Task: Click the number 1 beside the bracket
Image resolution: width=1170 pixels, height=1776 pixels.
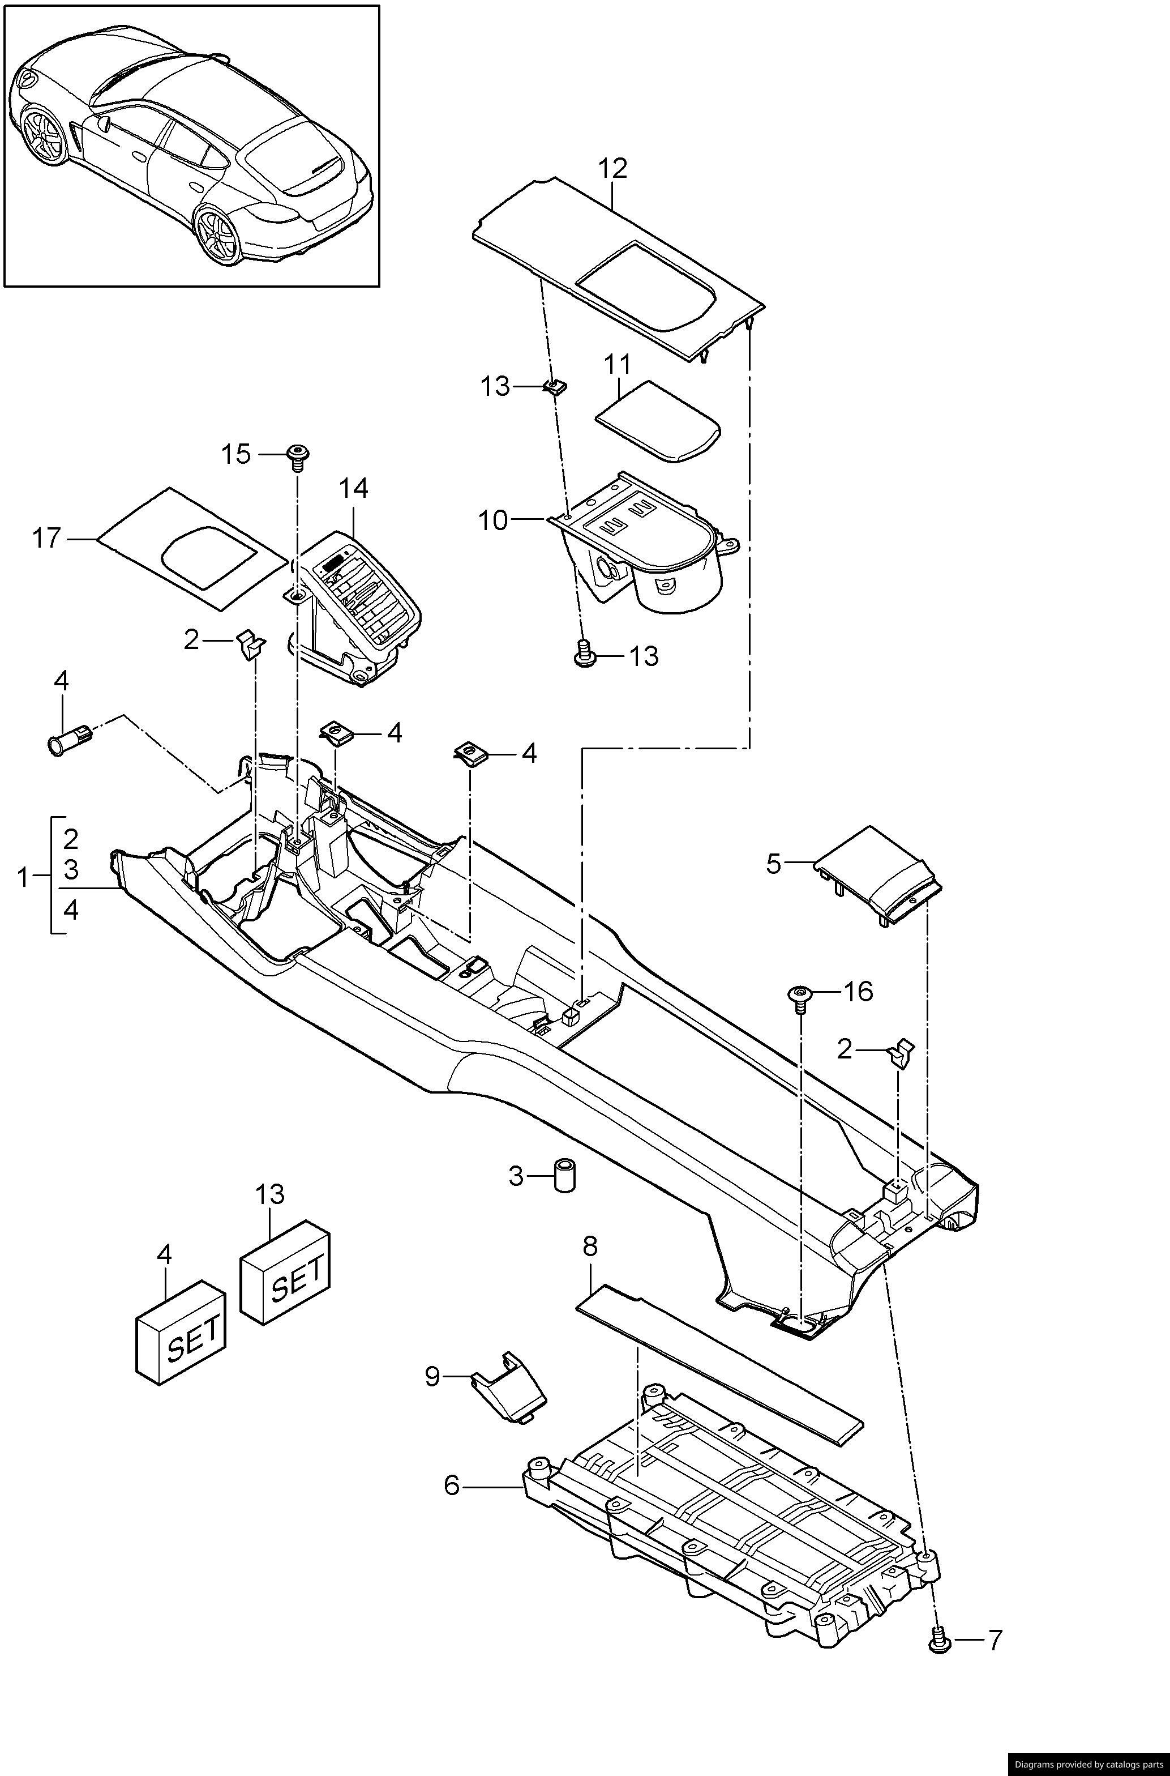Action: (23, 878)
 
